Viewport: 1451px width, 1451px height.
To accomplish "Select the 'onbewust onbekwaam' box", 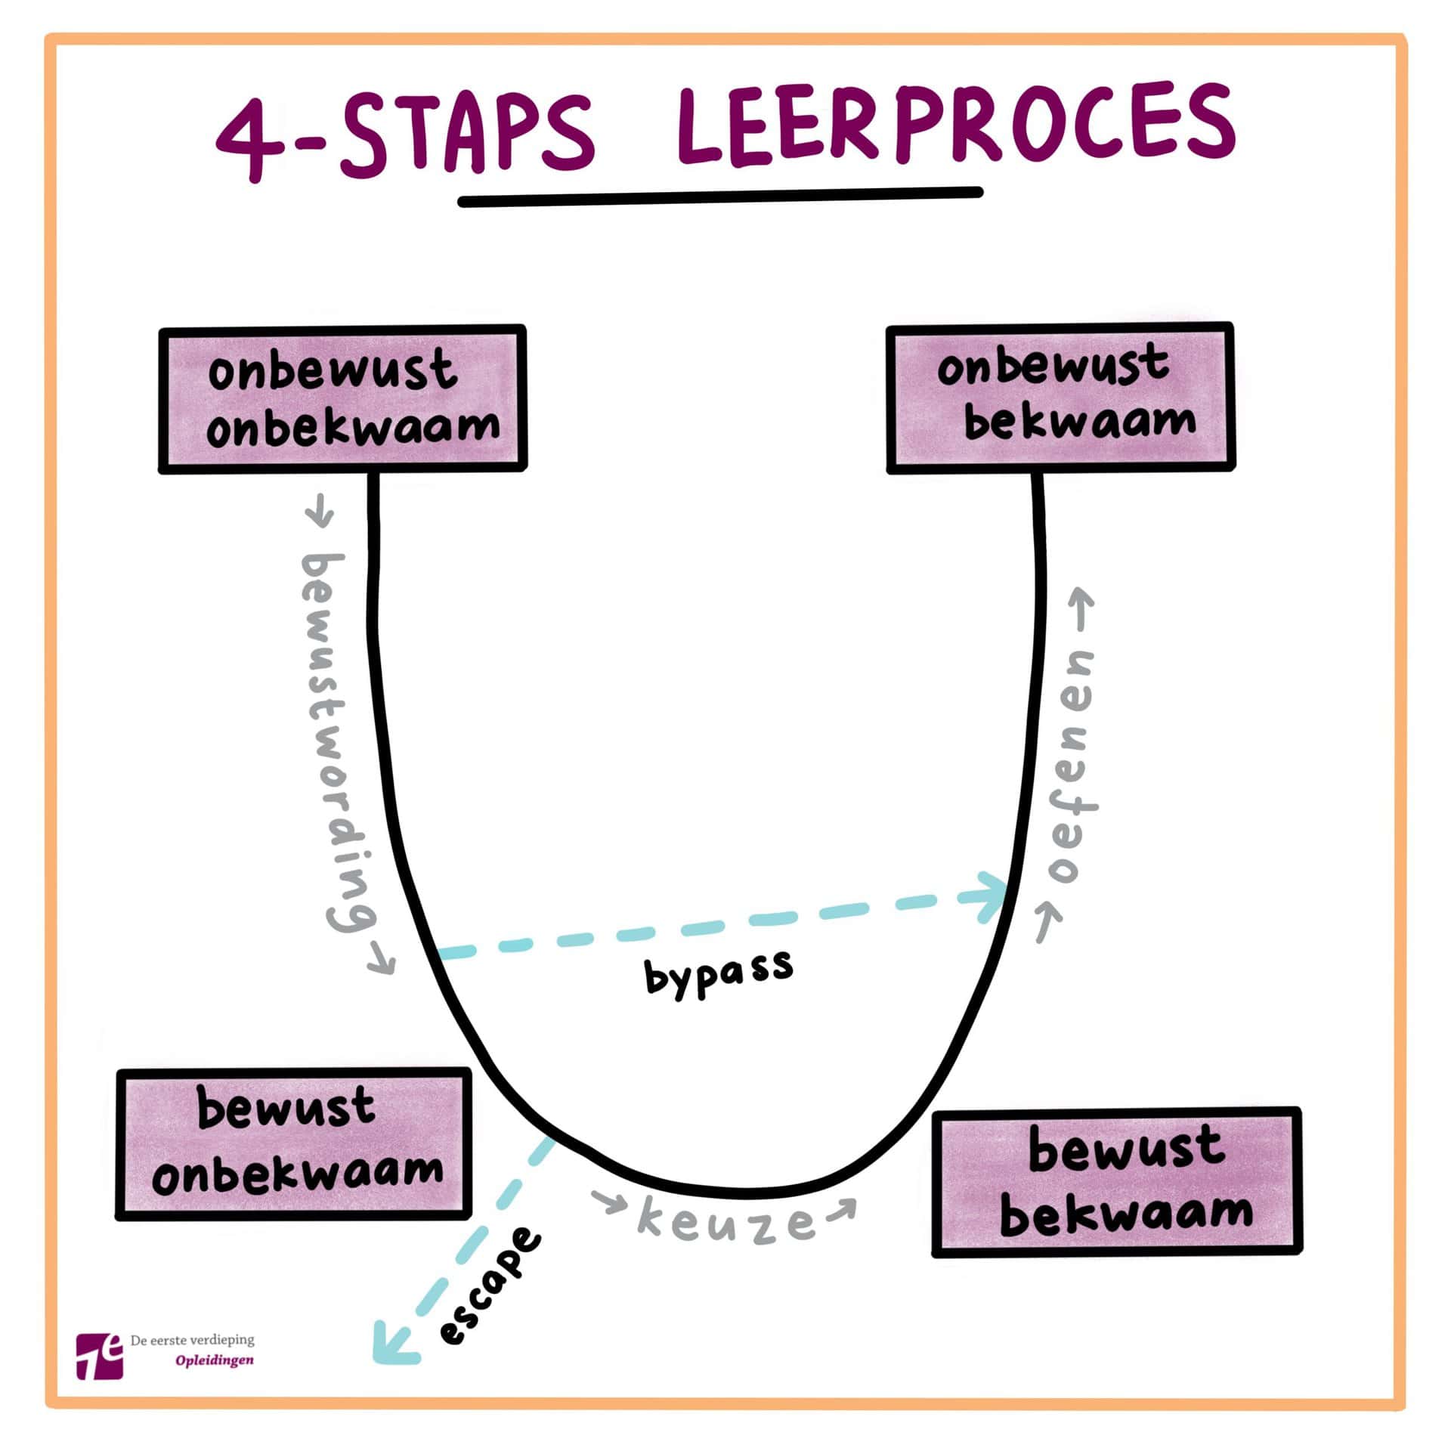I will tap(342, 399).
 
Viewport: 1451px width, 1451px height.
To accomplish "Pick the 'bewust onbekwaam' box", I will tap(293, 1143).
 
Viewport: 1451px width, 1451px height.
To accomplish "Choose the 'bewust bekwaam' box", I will tap(1116, 1183).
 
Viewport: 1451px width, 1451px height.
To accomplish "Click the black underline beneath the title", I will tap(719, 197).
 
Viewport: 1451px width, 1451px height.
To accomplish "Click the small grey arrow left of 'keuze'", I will tap(608, 1202).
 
